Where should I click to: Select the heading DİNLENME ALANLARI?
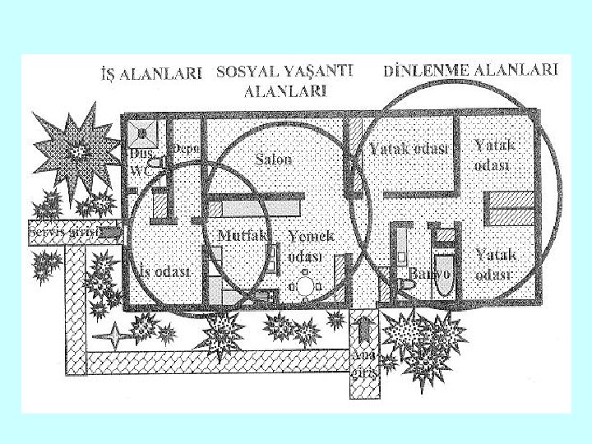[471, 70]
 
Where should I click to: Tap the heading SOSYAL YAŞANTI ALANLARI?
[284, 81]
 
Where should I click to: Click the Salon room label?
[274, 159]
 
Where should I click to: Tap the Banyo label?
[429, 272]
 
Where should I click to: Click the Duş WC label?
[137, 161]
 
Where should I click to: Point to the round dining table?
[306, 286]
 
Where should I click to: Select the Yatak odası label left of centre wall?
[408, 149]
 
